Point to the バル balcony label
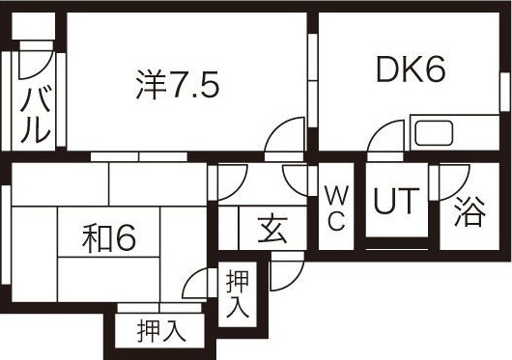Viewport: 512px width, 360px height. [x=36, y=114]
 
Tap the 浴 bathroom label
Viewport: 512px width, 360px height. [x=469, y=210]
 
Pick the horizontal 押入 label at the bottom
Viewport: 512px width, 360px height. [x=160, y=330]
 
